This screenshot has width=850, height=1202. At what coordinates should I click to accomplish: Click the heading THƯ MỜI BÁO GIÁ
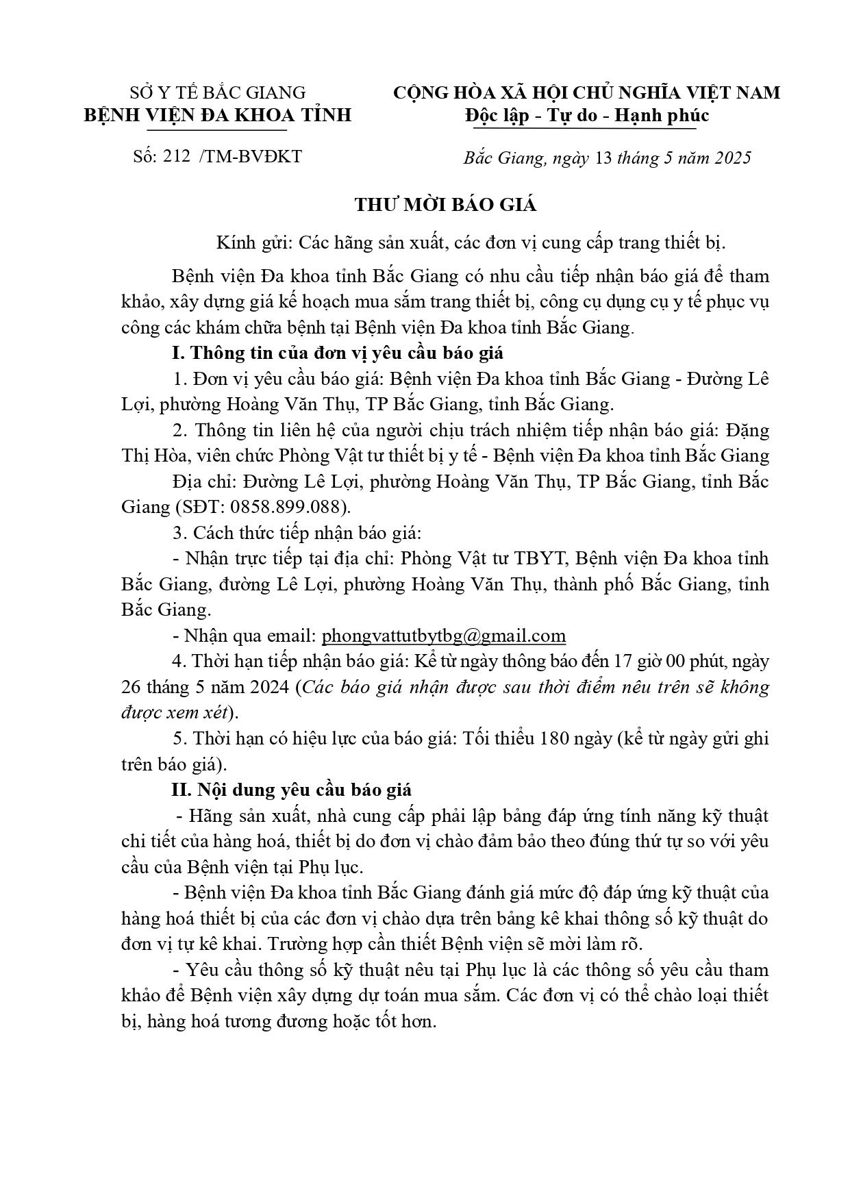tap(445, 205)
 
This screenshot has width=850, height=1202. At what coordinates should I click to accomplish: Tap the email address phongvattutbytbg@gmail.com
tap(444, 636)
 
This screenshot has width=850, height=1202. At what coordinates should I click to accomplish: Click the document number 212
tap(177, 157)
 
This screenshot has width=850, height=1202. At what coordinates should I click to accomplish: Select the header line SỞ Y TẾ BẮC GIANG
tap(218, 92)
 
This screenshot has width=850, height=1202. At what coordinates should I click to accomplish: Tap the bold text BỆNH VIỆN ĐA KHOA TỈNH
tap(218, 114)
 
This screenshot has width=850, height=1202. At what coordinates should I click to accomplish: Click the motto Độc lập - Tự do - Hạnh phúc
tap(586, 115)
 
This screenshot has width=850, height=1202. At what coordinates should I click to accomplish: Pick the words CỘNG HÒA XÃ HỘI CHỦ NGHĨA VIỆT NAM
tap(586, 92)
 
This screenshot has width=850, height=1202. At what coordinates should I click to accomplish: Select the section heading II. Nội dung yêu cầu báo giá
tap(291, 790)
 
